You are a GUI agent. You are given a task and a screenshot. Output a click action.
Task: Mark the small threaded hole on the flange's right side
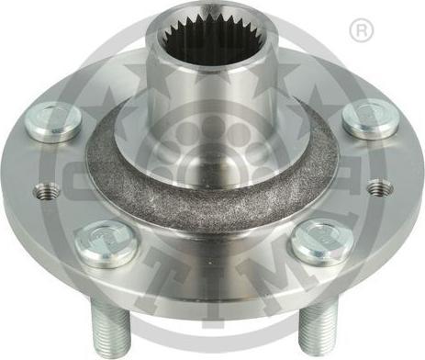(380, 187)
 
